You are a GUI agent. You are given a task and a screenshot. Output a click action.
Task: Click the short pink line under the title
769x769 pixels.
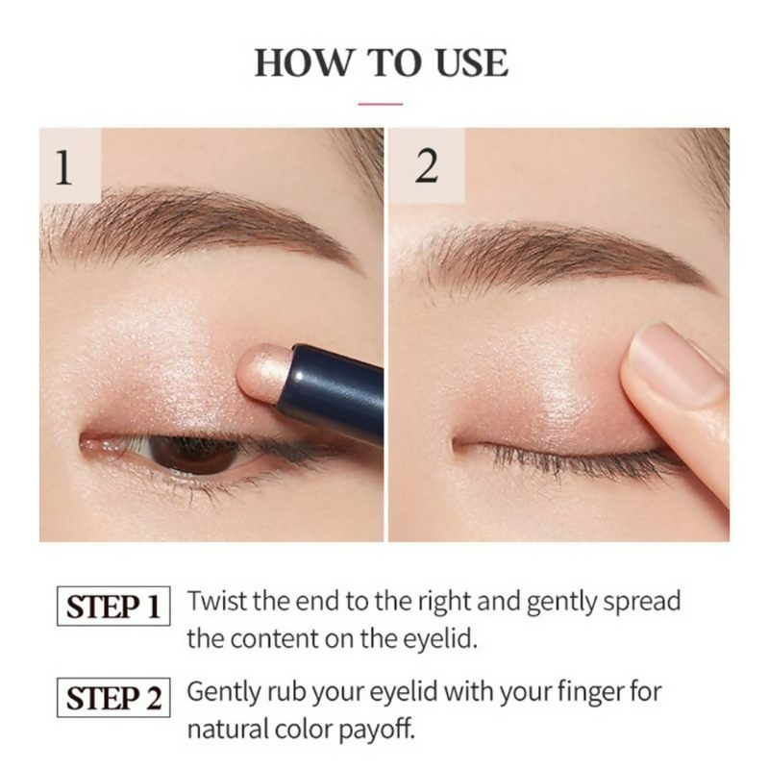(381, 101)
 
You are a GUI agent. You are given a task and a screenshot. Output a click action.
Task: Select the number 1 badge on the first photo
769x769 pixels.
(63, 166)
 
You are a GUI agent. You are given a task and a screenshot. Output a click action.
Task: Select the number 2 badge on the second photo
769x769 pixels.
(426, 166)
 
